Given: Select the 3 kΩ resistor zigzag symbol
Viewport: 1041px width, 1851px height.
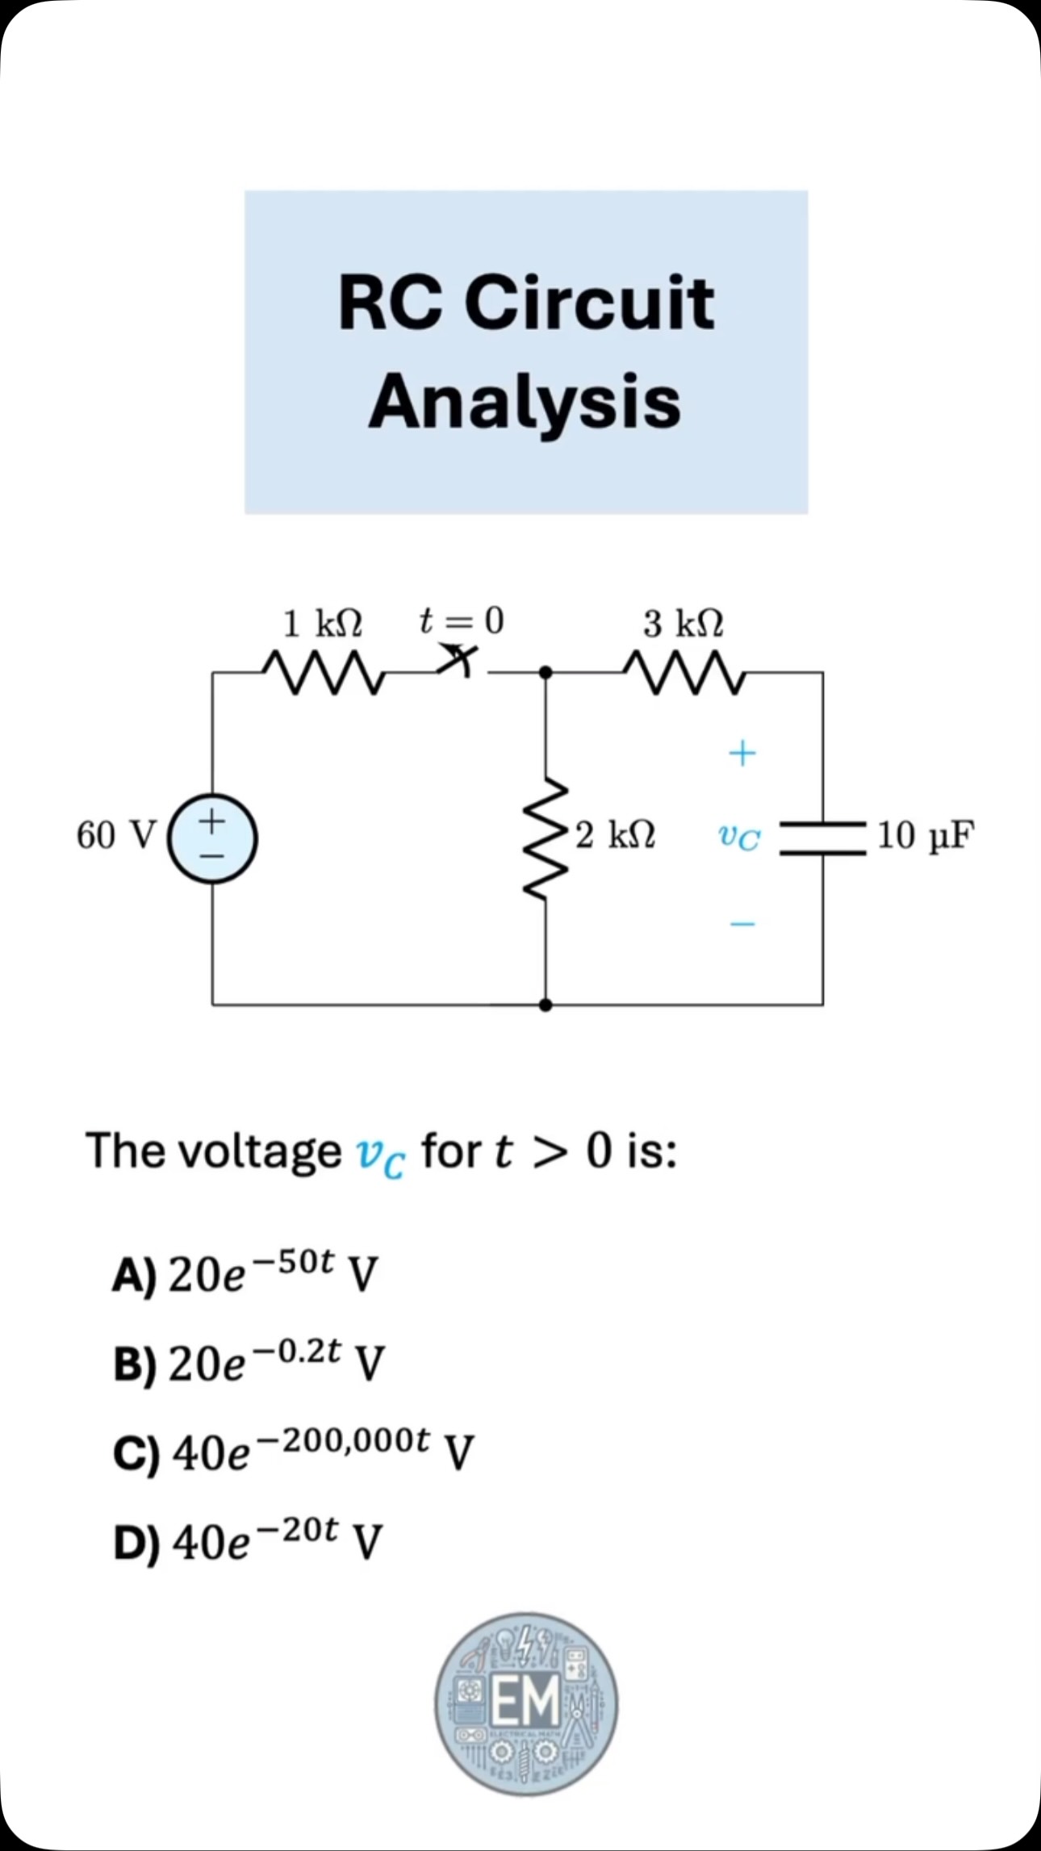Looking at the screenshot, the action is coord(684,672).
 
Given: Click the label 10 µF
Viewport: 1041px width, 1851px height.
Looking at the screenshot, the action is coord(926,836).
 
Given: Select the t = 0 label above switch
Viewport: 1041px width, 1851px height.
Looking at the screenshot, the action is coord(462,620).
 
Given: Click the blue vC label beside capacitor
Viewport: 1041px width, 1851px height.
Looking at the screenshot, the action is coord(739,837).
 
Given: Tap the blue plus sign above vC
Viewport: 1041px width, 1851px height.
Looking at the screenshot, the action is coord(742,753).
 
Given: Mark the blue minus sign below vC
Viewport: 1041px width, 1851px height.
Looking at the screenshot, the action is coord(742,923).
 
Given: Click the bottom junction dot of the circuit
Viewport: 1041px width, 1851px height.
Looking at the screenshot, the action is coord(546,1005).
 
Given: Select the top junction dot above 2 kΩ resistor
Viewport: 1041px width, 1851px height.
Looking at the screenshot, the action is coord(546,671).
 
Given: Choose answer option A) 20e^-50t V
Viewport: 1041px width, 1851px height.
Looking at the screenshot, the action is coord(245,1272).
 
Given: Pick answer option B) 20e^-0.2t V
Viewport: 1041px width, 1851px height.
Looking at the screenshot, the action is coord(249,1361).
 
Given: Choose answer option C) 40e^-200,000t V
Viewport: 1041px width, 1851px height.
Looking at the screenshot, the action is coord(293,1450).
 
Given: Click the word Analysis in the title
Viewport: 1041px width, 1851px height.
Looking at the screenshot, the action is coord(525,403).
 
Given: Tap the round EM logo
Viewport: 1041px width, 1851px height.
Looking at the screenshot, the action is coord(526,1704).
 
